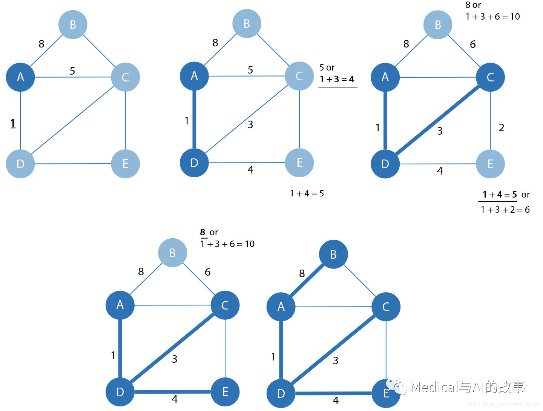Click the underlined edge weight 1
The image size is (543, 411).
point(13,123)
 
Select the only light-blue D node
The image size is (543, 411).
point(20,164)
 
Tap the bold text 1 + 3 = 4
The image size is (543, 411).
point(337,79)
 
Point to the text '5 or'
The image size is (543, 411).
point(327,67)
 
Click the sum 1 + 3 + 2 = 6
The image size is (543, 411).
point(505,210)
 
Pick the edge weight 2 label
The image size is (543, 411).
point(501,128)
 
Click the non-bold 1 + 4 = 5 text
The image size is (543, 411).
point(307,193)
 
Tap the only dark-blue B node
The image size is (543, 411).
point(333,255)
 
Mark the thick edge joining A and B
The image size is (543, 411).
point(307,280)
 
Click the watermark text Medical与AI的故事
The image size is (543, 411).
point(468,387)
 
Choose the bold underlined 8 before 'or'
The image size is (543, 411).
point(203,232)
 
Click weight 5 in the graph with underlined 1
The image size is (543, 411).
point(72,71)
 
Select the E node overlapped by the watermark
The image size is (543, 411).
point(385,394)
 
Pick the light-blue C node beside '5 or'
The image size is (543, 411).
point(299,76)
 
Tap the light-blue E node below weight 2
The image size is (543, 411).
point(490,164)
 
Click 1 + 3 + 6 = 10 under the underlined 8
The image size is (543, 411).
point(227,244)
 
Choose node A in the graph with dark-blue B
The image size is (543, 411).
point(281,307)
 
